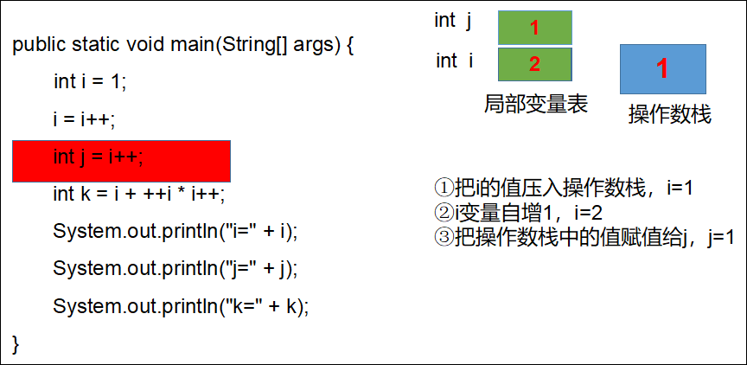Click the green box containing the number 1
[535, 28]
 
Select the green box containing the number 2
[535, 64]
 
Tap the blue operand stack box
[662, 69]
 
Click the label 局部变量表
[536, 104]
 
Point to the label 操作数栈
[670, 114]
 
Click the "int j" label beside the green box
[453, 21]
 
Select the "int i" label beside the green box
[455, 61]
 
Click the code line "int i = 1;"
[90, 81]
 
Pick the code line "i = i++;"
[85, 119]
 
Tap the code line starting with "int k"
[139, 194]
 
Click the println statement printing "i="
[176, 232]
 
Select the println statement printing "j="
[176, 269]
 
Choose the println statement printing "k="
[181, 306]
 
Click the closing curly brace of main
[16, 344]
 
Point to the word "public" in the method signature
[39, 46]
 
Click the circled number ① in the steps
[444, 187]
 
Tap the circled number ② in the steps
[444, 213]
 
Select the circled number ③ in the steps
[444, 238]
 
